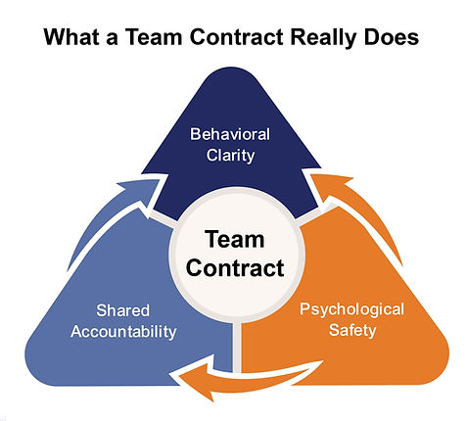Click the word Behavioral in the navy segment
pyautogui.click(x=230, y=134)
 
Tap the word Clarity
pyautogui.click(x=230, y=156)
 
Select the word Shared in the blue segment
pyautogui.click(x=123, y=310)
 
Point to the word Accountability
pyautogui.click(x=123, y=332)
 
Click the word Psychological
pyautogui.click(x=351, y=309)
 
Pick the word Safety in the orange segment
pyautogui.click(x=352, y=330)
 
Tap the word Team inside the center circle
pyautogui.click(x=235, y=240)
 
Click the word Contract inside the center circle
pyautogui.click(x=235, y=268)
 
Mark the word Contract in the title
pyautogui.click(x=236, y=36)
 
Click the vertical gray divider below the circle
pyautogui.click(x=237, y=348)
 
